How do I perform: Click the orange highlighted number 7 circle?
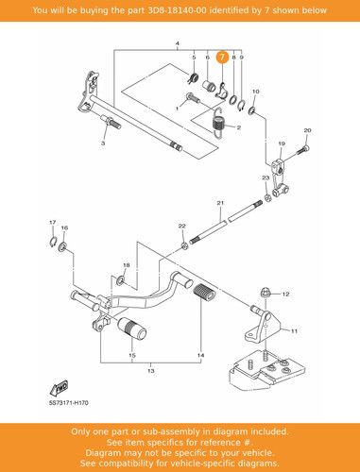click(222, 58)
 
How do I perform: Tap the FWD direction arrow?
click(60, 388)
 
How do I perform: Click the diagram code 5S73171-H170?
click(69, 403)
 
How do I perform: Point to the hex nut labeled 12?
click(266, 293)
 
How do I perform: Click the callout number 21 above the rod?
click(220, 203)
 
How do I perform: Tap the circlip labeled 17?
click(53, 242)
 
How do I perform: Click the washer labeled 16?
click(62, 246)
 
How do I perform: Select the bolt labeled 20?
click(302, 150)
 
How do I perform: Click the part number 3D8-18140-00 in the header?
click(178, 10)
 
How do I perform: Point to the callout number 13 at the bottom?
click(151, 371)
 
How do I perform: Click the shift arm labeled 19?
click(280, 177)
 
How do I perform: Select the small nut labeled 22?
click(184, 245)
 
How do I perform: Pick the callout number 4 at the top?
click(178, 43)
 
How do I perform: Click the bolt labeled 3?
click(111, 122)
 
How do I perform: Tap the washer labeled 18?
click(120, 279)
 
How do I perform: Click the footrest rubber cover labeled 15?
click(132, 329)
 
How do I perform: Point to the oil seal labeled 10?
click(251, 110)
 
